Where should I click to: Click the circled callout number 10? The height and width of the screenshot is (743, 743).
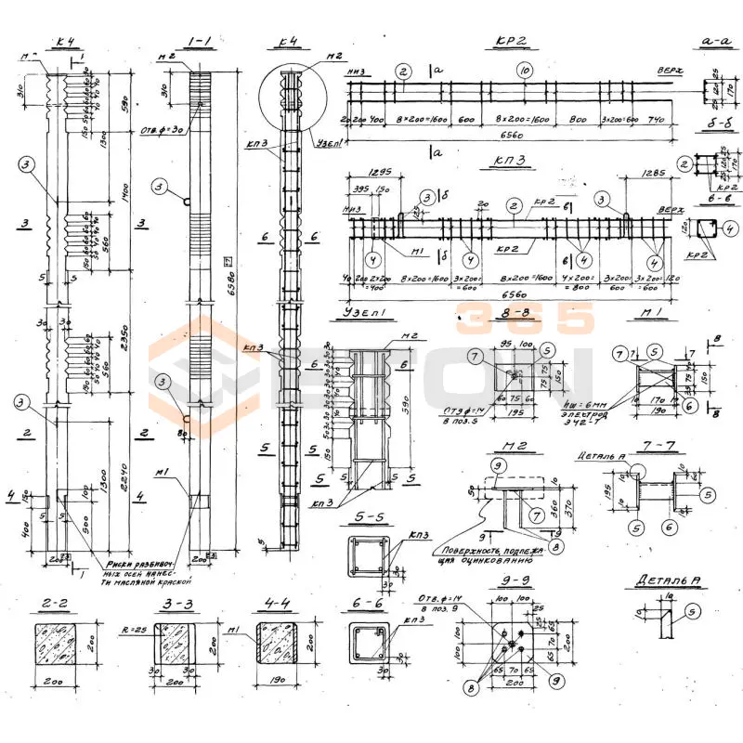pyautogui.click(x=525, y=71)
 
